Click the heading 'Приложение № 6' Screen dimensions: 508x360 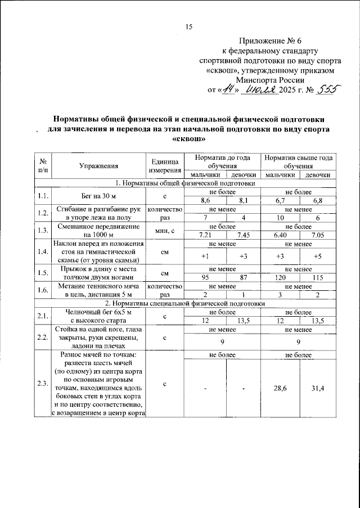point(270,42)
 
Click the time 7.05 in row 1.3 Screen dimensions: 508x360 point(317,235)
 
